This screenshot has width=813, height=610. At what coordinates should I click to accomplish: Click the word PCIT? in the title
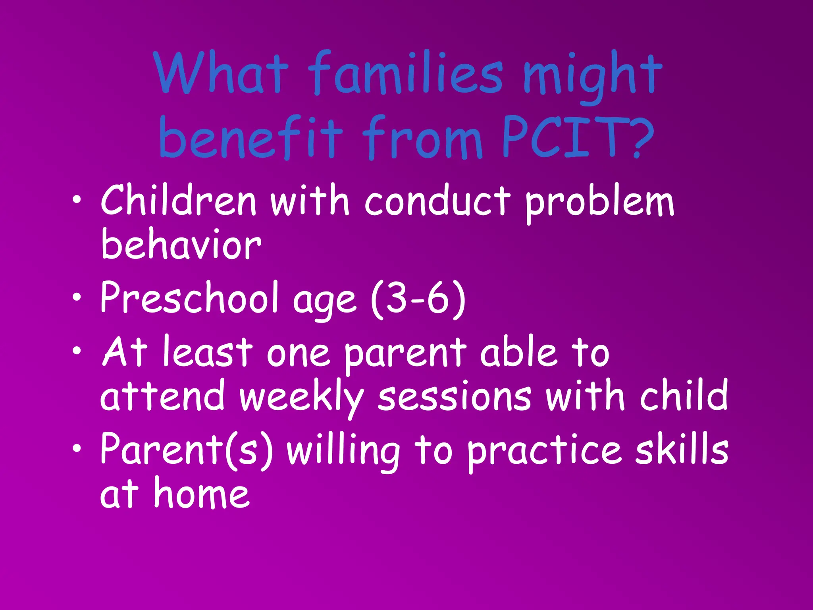pyautogui.click(x=578, y=137)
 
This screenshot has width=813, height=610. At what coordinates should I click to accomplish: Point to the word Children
pyautogui.click(x=179, y=201)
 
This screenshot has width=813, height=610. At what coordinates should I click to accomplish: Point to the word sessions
pyautogui.click(x=455, y=397)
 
